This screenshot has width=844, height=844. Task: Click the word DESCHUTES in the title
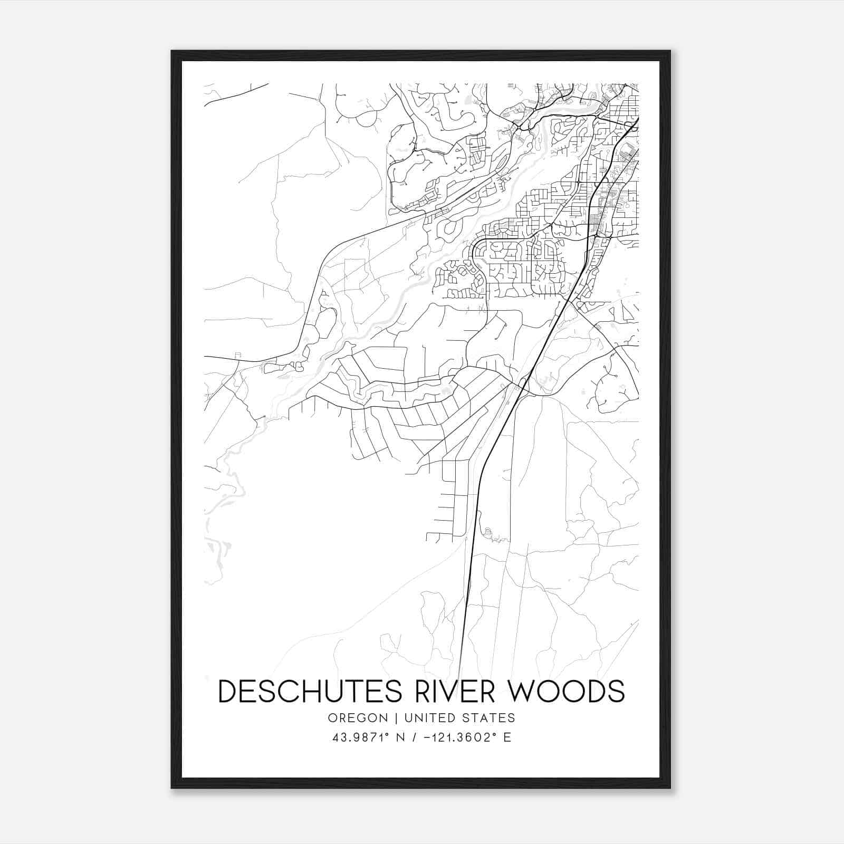(x=309, y=691)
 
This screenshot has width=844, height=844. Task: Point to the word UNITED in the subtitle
(x=422, y=718)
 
